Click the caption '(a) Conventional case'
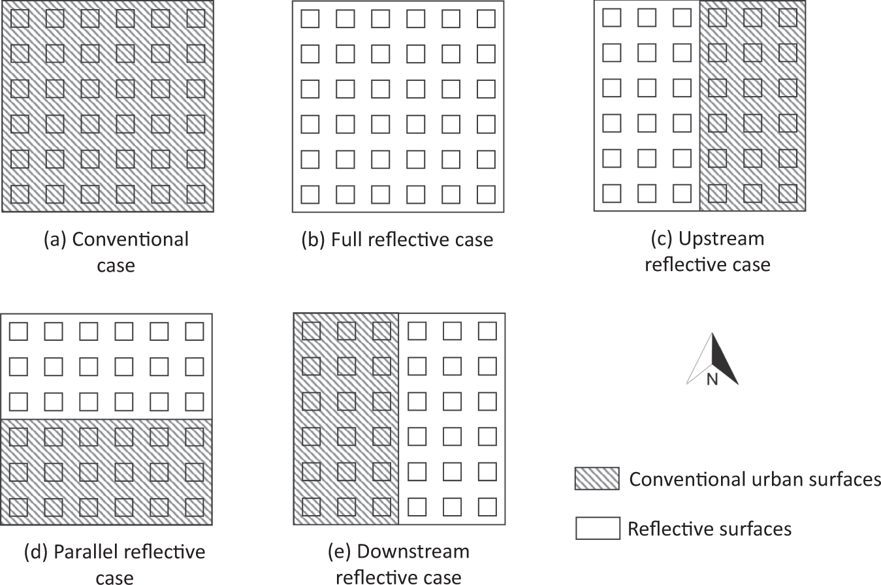pos(116,252)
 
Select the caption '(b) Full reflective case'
pos(396,240)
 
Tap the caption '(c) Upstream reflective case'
pos(707,251)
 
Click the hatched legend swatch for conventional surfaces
pos(597,479)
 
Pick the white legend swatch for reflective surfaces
pos(597,528)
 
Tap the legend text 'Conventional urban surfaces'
pos(755,479)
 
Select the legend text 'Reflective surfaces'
pos(709,528)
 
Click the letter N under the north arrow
pos(712,379)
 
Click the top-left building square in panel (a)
pos(20,18)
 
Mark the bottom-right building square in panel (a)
pos(195,194)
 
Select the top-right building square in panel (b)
pos(486,19)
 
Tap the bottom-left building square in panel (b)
pos(310,194)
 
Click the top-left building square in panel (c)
pos(612,18)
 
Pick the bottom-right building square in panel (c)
pos(788,193)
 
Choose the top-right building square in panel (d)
pos(194,332)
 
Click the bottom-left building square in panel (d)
pos(18,507)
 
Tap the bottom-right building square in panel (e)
pos(487,507)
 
